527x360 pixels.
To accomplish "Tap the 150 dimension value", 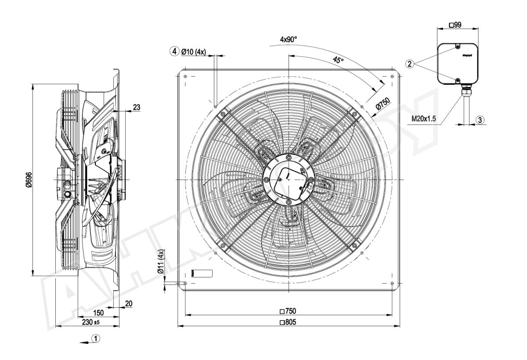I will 98,313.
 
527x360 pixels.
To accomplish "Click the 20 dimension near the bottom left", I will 129,303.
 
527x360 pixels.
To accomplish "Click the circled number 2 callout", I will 409,64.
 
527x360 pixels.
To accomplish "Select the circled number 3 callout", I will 480,119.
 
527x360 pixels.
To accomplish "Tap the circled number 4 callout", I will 175,51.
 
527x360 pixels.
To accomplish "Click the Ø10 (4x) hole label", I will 194,51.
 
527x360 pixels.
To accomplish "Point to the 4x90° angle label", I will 289,39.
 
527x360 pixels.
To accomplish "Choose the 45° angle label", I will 338,60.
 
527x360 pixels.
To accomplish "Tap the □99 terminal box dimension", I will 455,25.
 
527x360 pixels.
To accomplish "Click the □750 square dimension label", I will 288,311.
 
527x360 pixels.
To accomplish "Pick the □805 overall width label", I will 288,323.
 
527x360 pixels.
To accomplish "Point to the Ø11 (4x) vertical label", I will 161,263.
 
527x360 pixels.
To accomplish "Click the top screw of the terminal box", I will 457,47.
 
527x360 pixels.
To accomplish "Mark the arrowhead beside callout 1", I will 82,341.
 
